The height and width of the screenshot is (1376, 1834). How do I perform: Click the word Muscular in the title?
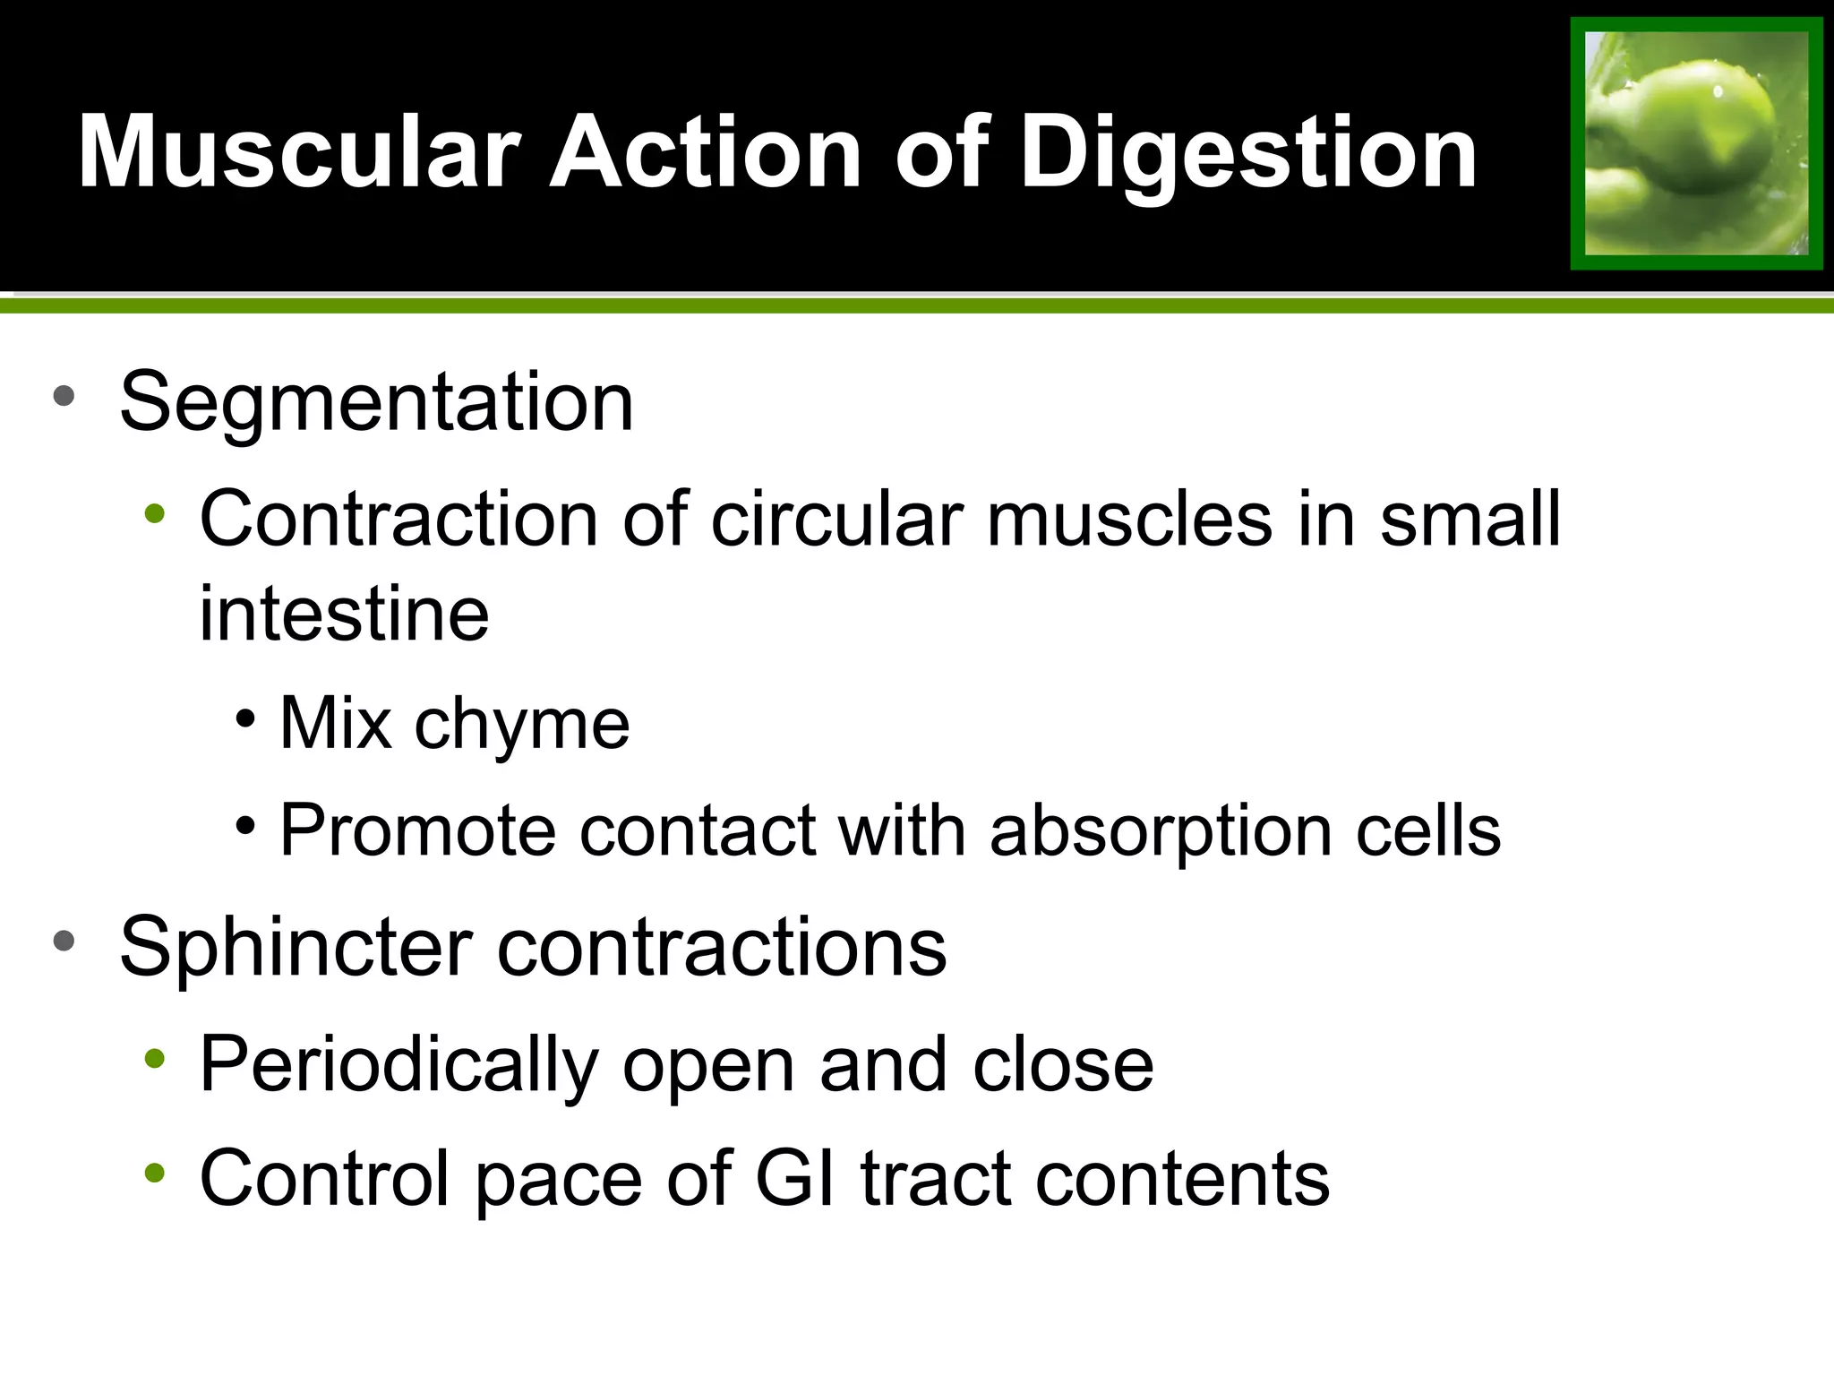click(x=299, y=152)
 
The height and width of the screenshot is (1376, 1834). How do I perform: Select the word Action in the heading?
click(x=706, y=152)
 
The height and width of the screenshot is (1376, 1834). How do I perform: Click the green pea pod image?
click(x=1696, y=143)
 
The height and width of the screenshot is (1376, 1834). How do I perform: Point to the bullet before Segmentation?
click(x=64, y=395)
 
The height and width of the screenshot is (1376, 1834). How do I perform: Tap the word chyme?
click(x=522, y=723)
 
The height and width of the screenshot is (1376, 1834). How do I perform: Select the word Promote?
click(x=418, y=830)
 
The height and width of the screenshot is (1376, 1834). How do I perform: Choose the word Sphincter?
click(x=296, y=947)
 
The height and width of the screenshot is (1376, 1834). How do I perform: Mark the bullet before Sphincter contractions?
click(x=64, y=941)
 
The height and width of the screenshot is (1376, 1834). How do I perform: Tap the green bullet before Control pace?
click(x=155, y=1172)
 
